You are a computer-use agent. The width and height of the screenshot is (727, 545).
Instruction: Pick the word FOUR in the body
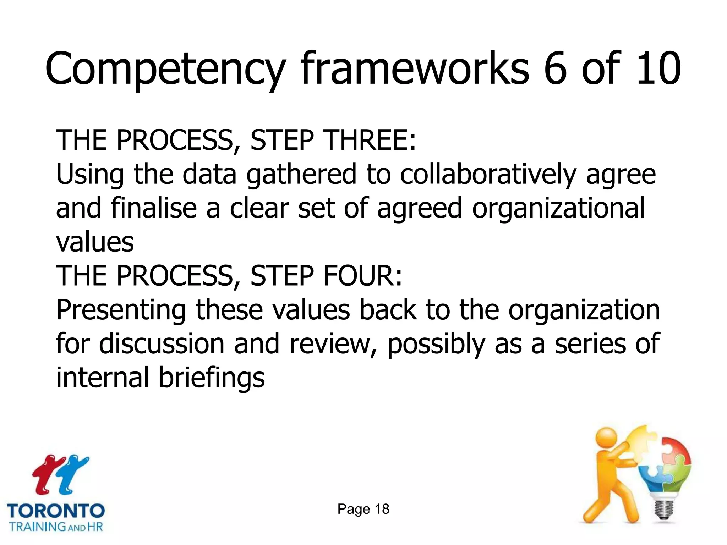point(362,276)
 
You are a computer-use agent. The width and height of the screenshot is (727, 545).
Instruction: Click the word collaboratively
point(488,175)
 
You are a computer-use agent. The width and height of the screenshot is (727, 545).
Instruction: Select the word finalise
point(154,208)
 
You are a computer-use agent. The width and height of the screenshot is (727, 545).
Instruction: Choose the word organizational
point(558,209)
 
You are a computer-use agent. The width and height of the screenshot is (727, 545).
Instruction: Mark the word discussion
point(162,343)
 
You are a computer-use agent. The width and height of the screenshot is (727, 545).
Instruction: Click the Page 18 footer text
point(363,509)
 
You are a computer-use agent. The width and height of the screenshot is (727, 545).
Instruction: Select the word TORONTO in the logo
point(56,511)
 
